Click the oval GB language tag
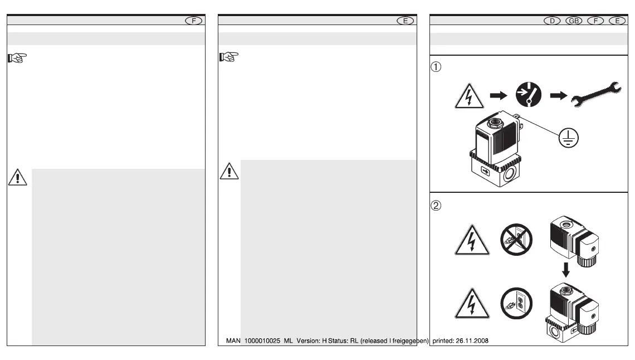click(574, 21)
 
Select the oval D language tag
click(552, 21)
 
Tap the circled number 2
click(437, 205)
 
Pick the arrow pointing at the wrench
click(557, 96)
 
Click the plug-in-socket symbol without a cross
click(517, 305)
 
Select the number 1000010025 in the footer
click(261, 340)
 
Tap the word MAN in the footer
click(233, 340)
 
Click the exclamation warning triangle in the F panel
click(18, 177)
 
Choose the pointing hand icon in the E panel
click(229, 57)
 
